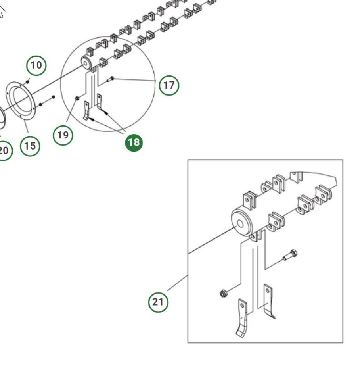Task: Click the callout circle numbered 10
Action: [36, 65]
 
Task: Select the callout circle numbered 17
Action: [169, 85]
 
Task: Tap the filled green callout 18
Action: [134, 142]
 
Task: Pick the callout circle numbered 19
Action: [63, 135]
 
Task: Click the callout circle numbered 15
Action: [30, 145]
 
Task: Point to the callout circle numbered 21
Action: [158, 301]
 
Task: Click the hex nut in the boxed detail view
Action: [223, 294]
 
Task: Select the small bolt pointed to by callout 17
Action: [110, 79]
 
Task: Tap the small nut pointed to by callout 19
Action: [76, 98]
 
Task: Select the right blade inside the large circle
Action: [100, 101]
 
